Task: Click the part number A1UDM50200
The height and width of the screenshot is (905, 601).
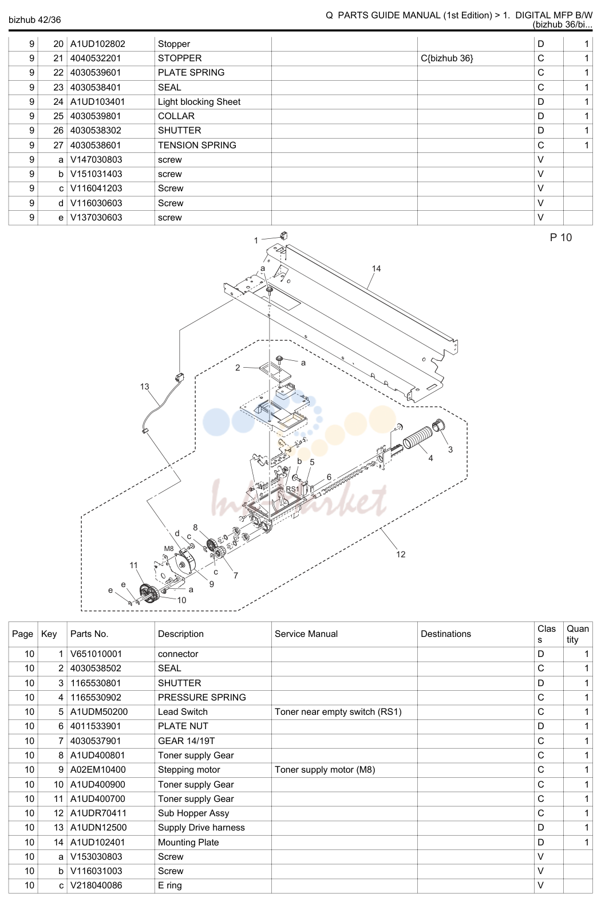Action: [x=99, y=711]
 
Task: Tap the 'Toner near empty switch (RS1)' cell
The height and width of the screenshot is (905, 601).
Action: [x=338, y=711]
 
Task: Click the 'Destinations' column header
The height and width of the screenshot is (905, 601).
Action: [x=446, y=634]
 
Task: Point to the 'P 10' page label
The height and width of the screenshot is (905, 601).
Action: [x=560, y=238]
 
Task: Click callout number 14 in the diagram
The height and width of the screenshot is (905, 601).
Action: [x=376, y=269]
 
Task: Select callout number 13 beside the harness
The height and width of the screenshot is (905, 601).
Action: [x=144, y=387]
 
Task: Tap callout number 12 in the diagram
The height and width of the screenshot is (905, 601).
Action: [x=401, y=554]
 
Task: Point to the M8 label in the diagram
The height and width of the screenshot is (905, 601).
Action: [x=169, y=548]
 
